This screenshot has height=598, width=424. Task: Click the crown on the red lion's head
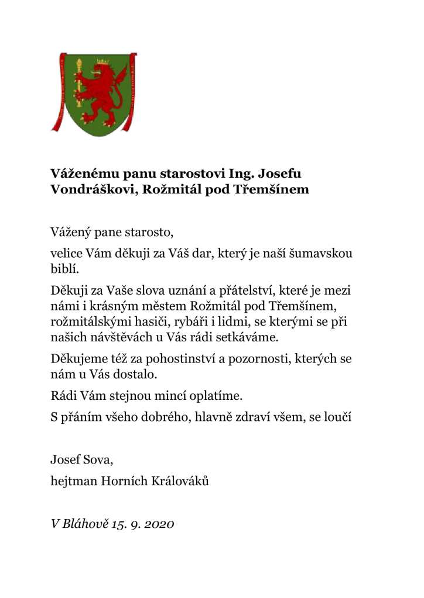102,61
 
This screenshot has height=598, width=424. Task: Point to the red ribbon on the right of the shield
134,94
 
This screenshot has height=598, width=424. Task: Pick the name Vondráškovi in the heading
87,189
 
